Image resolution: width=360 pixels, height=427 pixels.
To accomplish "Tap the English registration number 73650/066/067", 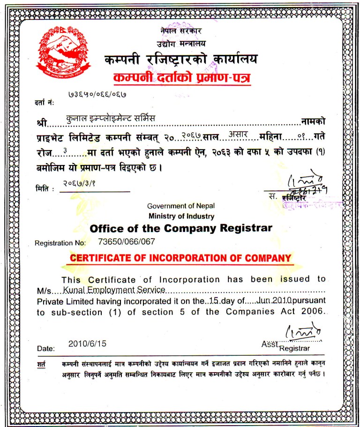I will click(x=126, y=242).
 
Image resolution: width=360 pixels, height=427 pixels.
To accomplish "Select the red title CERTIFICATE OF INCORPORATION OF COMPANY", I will click(x=180, y=258).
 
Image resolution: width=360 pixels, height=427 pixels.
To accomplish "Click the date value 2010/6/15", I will click(x=87, y=344).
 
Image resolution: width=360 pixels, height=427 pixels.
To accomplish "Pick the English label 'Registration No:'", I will click(x=60, y=243).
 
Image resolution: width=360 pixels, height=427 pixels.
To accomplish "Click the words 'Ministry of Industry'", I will click(x=181, y=216).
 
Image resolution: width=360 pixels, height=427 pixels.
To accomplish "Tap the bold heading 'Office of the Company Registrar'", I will click(x=180, y=229).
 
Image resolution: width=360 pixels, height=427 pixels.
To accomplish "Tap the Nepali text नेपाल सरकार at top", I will click(x=180, y=31).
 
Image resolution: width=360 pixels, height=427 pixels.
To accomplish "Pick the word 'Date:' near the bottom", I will click(x=46, y=349).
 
